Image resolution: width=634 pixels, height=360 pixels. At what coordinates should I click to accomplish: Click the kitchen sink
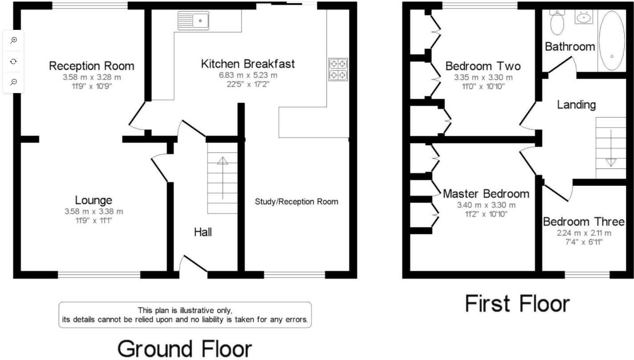[x=193, y=20]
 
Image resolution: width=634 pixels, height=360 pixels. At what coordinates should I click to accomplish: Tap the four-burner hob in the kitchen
[x=338, y=70]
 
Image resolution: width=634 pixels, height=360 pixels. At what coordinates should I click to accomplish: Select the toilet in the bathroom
[x=557, y=22]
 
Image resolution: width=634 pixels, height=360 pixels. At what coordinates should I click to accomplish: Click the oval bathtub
[x=612, y=41]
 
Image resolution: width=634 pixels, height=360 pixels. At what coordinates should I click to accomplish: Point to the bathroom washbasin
[x=584, y=17]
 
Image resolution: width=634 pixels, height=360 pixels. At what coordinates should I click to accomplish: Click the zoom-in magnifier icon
[x=13, y=41]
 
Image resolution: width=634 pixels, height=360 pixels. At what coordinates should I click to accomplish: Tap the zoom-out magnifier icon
[x=13, y=82]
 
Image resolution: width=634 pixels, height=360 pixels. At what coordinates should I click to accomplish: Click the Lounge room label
[x=93, y=200]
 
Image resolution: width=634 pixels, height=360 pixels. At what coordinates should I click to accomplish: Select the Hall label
[x=203, y=232]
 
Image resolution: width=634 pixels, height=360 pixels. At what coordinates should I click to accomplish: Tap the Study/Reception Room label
[x=297, y=202]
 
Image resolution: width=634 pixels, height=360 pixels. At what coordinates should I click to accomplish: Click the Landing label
[x=576, y=105]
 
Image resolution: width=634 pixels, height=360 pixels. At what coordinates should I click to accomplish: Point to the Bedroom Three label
[x=584, y=222]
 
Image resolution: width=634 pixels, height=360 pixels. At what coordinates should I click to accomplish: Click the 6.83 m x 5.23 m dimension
[x=248, y=75]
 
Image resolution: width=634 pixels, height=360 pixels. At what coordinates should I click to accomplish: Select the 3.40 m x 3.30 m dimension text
[x=486, y=205]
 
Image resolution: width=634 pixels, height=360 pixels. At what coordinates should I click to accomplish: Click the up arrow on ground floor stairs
[x=223, y=178]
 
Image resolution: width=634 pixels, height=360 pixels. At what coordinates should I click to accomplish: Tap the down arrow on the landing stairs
[x=611, y=148]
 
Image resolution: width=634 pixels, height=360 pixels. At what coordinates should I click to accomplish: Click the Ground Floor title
[x=184, y=349]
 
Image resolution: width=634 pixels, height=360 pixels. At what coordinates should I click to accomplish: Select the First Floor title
[x=517, y=303]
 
